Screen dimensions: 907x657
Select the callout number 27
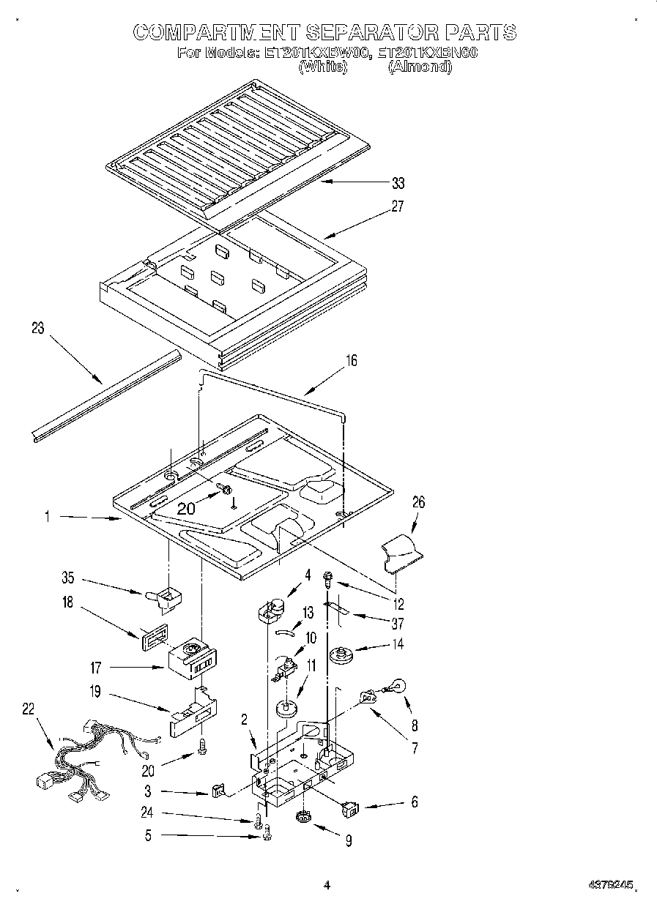pos(397,206)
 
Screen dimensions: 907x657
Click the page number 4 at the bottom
pos(327,885)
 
